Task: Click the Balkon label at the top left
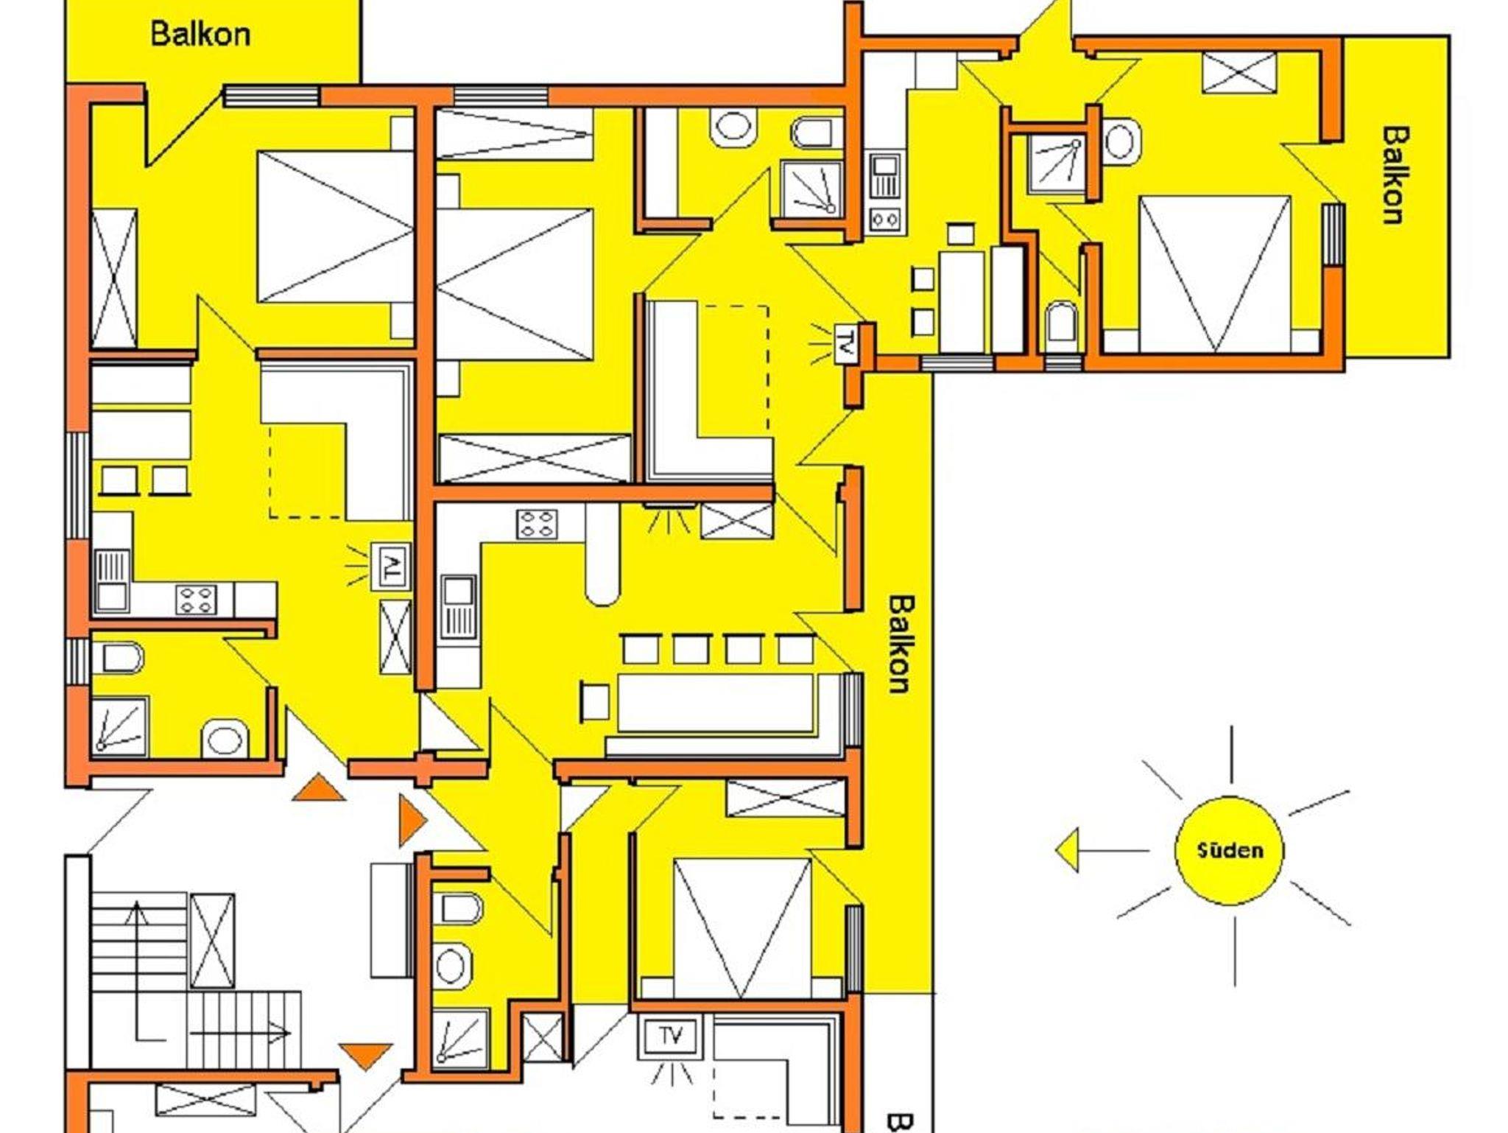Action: [x=200, y=34]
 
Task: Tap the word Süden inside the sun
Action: [x=1230, y=850]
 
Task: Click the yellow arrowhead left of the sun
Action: [x=1067, y=850]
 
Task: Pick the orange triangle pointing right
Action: [x=412, y=820]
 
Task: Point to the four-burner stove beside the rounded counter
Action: [x=537, y=524]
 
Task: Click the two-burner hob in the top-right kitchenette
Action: [x=884, y=219]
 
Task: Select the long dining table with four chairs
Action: [x=716, y=703]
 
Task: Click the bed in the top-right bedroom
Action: [x=1214, y=274]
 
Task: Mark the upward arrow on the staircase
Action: [x=136, y=969]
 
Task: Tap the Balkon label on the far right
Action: [x=1395, y=175]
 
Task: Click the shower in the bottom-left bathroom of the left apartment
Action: [x=119, y=725]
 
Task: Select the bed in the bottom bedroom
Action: [x=741, y=928]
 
